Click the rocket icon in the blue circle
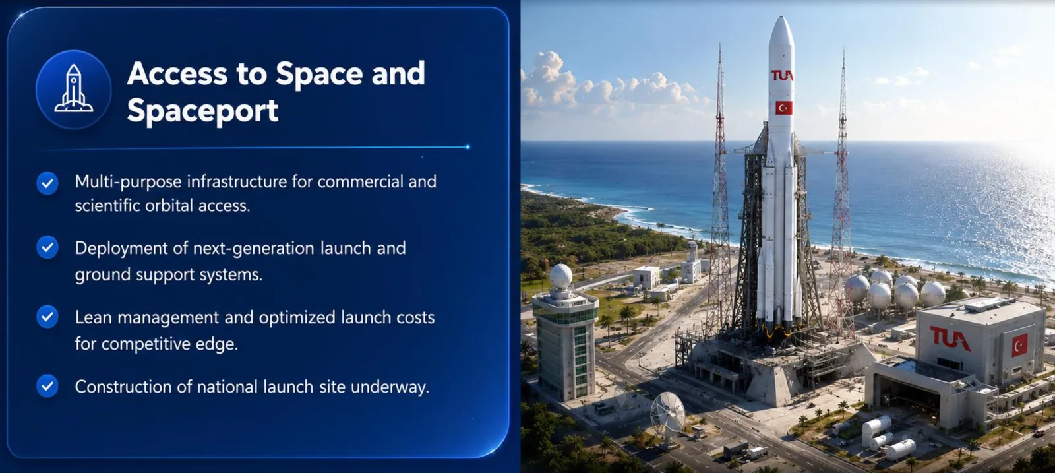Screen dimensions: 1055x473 pyautogui.click(x=73, y=88)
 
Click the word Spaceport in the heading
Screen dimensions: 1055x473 pyautogui.click(x=202, y=111)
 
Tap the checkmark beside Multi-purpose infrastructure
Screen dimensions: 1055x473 pyautogui.click(x=47, y=183)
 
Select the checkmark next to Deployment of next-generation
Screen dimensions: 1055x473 pyautogui.click(x=47, y=247)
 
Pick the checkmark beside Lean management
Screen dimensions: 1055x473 pyautogui.click(x=47, y=317)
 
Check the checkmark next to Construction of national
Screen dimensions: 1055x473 pyautogui.click(x=47, y=386)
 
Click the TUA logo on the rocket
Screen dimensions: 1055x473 pyautogui.click(x=782, y=75)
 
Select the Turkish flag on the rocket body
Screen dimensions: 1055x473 pyautogui.click(x=784, y=108)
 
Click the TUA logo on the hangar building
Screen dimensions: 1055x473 pyautogui.click(x=950, y=338)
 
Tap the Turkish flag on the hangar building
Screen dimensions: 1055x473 pyautogui.click(x=1019, y=344)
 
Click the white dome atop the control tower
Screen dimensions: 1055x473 pyautogui.click(x=561, y=276)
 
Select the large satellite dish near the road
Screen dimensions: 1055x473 pyautogui.click(x=668, y=413)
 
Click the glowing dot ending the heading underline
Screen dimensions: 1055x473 pyautogui.click(x=467, y=147)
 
